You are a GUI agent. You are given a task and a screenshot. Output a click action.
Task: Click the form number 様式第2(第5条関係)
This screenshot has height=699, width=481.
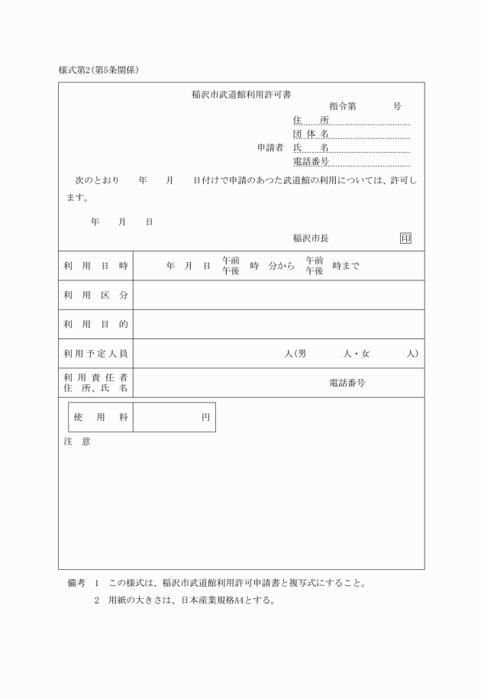point(98,70)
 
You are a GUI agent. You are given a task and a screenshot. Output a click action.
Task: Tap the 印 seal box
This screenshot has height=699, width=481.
point(405,238)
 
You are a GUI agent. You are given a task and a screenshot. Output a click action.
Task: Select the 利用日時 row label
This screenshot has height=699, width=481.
point(95,266)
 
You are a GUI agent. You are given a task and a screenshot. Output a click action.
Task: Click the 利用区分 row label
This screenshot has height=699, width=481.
point(95,295)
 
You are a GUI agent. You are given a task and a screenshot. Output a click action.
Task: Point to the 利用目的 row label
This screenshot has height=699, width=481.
point(95,324)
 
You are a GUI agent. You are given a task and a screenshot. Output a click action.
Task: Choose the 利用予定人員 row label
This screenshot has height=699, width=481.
point(95,354)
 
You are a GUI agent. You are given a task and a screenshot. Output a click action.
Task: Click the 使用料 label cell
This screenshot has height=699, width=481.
point(100,417)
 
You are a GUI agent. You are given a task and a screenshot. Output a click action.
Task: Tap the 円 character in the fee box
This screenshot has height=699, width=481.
point(205,417)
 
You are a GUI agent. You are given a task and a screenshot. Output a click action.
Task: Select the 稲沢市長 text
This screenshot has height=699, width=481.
point(312,238)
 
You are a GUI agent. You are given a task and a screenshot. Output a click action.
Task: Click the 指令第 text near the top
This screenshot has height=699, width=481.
point(343,106)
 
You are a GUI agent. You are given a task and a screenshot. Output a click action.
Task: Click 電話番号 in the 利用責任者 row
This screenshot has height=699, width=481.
point(347,383)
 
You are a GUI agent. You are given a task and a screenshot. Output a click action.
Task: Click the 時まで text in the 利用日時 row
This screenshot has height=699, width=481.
point(346,266)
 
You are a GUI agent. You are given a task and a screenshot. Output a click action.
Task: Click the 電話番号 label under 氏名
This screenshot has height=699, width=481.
point(311,161)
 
